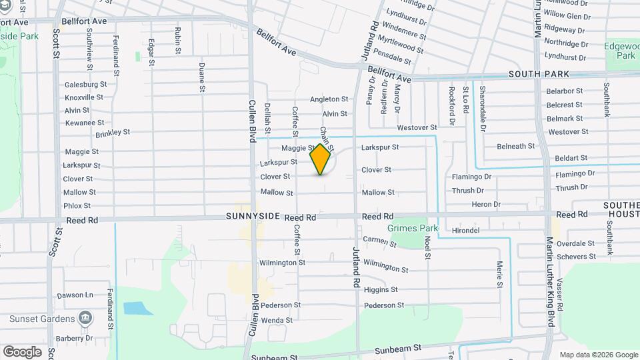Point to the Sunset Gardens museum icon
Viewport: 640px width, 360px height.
click(x=85, y=317)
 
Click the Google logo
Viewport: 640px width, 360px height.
click(x=22, y=351)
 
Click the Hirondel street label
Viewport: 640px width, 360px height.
click(x=465, y=231)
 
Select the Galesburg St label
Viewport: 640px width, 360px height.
click(x=86, y=85)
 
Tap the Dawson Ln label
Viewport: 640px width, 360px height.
click(x=75, y=295)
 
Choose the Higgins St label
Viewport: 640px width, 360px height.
click(x=381, y=289)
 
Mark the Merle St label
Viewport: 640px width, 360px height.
click(x=499, y=275)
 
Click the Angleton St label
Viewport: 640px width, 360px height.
click(x=329, y=99)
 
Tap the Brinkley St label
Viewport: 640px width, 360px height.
click(x=112, y=133)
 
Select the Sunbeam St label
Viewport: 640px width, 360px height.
click(x=398, y=349)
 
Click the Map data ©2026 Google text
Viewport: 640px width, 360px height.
click(x=598, y=355)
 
